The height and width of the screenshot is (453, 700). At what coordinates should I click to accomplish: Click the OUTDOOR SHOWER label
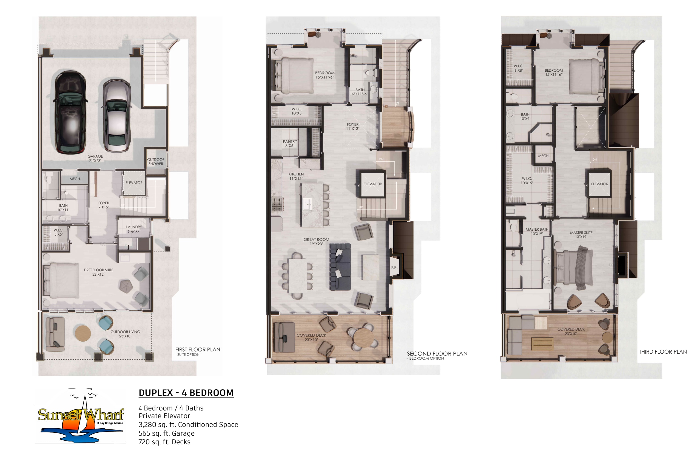(156, 162)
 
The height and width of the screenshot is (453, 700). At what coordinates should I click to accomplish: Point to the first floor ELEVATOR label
(134, 183)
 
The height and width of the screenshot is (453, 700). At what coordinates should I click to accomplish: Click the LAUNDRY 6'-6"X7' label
(134, 229)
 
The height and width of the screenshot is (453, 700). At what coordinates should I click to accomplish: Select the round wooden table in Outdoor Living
(83, 334)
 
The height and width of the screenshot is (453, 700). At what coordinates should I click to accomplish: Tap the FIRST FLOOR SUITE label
(99, 270)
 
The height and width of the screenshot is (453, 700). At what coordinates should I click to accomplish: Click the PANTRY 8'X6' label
(290, 144)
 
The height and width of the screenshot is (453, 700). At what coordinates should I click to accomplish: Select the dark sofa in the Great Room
(340, 267)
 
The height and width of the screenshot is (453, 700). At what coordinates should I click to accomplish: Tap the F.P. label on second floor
(394, 267)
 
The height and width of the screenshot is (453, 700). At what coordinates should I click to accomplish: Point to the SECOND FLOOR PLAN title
(437, 354)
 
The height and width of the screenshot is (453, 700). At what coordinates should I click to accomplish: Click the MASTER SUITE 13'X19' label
(581, 235)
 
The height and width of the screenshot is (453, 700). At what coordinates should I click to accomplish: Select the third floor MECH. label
(544, 156)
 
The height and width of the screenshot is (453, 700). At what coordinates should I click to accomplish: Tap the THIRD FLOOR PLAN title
(663, 352)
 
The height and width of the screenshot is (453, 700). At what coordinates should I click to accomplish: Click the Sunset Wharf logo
(81, 415)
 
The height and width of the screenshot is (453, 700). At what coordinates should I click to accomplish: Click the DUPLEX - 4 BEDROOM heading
(186, 393)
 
